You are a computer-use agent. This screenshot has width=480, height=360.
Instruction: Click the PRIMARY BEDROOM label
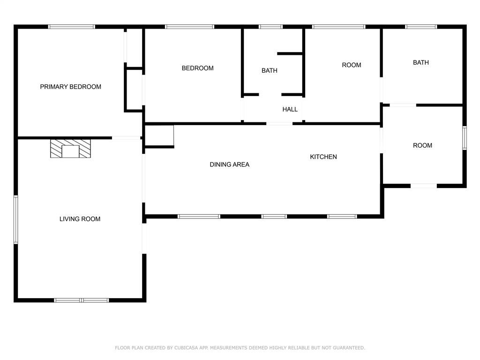70,87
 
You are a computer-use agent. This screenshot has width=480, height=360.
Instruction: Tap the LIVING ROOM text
80,219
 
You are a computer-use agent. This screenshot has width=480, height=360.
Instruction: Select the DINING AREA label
230,165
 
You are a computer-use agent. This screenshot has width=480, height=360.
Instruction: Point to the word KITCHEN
323,157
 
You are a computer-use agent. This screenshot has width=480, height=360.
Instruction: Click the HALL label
290,109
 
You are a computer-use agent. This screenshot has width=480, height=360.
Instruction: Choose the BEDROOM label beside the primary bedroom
197,68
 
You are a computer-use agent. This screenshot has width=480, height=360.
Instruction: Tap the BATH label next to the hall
270,70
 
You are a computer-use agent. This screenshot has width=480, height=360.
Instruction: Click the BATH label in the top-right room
420,62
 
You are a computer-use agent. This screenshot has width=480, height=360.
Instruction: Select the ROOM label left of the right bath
352,65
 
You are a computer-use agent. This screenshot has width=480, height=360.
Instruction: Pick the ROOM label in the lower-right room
422,145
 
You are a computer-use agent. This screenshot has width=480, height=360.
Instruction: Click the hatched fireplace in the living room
70,149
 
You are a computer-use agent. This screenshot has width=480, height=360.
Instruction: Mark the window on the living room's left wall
16,219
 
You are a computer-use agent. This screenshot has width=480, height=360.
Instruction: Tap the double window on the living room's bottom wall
82,300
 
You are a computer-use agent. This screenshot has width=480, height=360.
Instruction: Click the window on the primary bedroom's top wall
72,27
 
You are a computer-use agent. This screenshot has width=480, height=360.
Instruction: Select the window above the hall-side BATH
270,27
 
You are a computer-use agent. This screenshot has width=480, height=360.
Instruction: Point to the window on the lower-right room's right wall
465,138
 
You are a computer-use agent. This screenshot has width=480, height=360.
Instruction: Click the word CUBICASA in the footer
186,348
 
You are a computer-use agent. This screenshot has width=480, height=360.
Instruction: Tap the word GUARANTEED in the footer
349,348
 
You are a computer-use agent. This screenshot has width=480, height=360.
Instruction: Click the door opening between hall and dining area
279,124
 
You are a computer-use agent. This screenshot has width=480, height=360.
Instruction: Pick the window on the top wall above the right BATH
421,27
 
